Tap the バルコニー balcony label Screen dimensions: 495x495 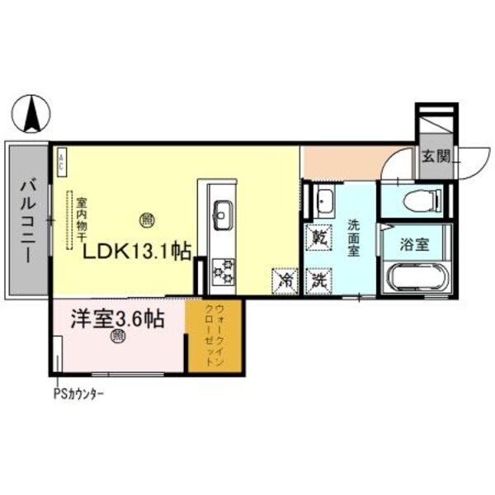25,221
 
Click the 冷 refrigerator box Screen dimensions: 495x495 285,280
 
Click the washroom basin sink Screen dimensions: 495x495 323,200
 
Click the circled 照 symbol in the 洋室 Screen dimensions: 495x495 118,336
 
